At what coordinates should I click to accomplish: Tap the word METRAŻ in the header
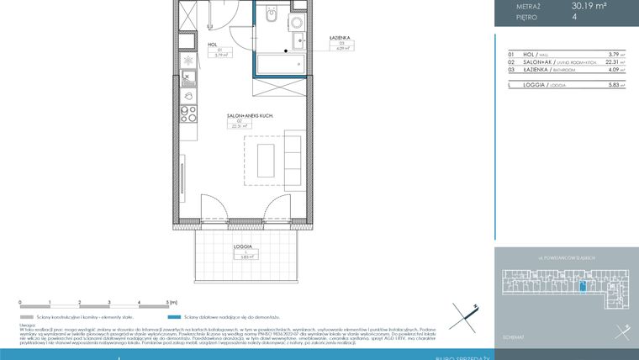(x=526, y=6)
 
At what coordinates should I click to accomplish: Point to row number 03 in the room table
(x=510, y=71)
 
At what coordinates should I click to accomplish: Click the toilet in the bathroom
(x=269, y=16)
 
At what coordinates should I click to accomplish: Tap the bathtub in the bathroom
(x=280, y=64)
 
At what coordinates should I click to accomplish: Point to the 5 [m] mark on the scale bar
(x=172, y=301)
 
